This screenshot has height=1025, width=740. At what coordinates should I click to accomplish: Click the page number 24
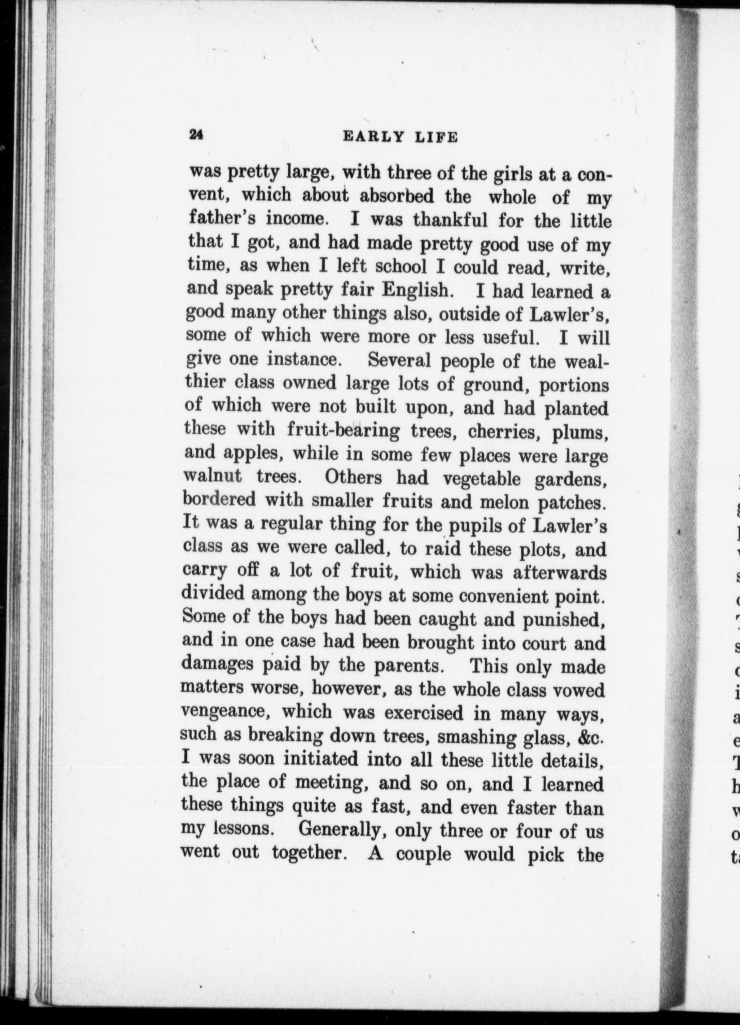(197, 135)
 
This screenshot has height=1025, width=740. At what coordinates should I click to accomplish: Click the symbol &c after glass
(591, 737)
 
